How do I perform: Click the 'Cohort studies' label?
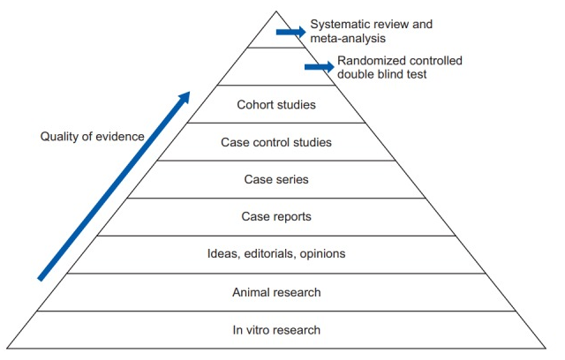point(276,105)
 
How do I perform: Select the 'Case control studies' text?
point(276,142)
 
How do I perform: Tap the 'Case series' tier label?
point(276,179)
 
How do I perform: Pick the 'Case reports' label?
point(276,216)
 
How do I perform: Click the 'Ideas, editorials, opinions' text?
point(276,254)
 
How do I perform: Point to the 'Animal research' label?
point(276,292)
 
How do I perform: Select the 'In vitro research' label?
point(276,330)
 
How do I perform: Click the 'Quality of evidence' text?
point(93,137)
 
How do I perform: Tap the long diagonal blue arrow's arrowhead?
point(185,94)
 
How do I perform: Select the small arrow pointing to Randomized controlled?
point(319,66)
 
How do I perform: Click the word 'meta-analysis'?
point(347,38)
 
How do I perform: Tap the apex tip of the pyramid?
point(276,11)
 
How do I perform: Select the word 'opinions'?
point(321,254)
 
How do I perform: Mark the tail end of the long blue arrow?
point(41,278)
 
